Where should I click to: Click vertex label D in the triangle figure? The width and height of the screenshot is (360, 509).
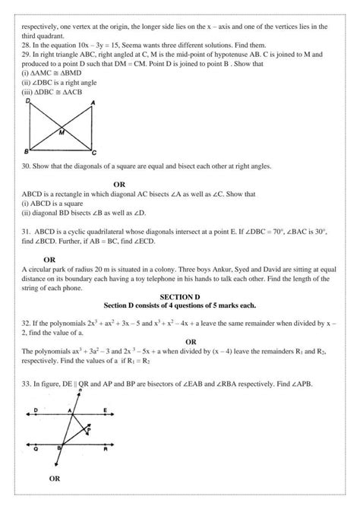coord(27,100)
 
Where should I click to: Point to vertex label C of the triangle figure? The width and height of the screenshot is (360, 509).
coord(93,153)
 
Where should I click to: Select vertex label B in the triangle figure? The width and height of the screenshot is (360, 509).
coord(27,152)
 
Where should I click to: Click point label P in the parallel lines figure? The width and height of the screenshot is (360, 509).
coord(89,428)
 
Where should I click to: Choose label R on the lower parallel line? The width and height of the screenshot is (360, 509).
coord(112,451)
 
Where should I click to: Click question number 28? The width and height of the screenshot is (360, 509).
coord(26,45)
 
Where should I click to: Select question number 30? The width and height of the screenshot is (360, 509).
coord(26,166)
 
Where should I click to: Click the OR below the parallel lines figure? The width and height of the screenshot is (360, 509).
coord(55,479)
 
